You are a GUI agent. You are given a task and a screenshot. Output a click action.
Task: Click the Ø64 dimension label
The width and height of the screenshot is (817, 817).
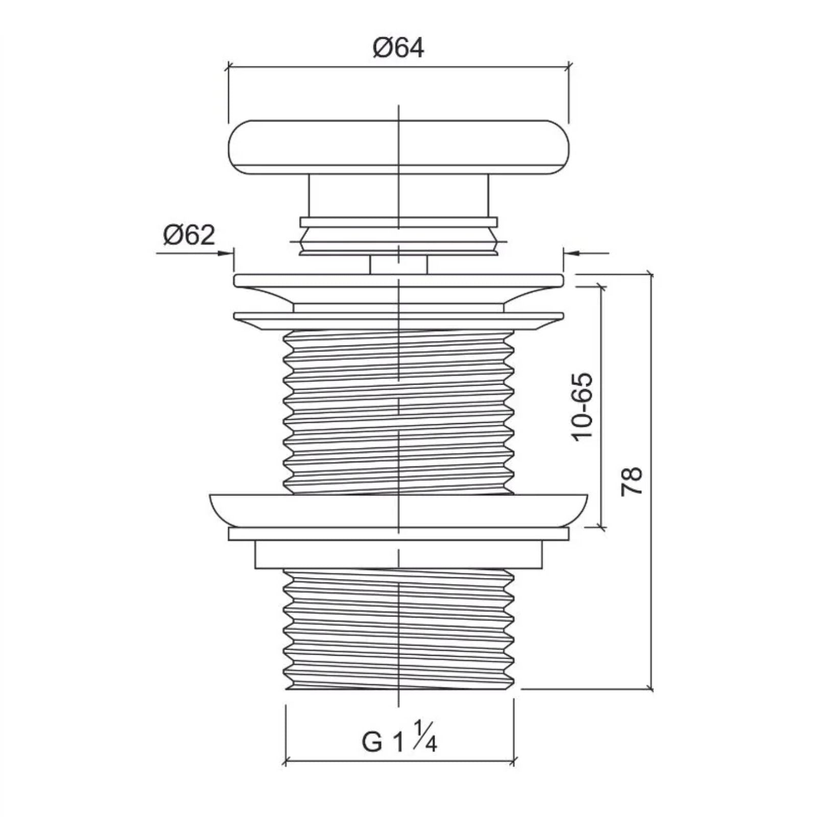(398, 49)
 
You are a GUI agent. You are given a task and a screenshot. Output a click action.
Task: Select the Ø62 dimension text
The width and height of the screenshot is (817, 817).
(189, 235)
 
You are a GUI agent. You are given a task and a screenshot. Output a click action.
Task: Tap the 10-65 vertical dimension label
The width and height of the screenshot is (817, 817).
(583, 406)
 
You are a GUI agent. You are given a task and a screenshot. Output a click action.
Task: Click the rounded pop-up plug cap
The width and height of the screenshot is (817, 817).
(398, 147)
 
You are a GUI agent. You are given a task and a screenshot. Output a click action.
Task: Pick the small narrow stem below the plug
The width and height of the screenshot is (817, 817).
(398, 265)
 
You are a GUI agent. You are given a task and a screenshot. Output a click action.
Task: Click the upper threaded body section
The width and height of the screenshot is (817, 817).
(398, 411)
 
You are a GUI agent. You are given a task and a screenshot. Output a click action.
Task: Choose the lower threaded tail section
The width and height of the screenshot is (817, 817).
(398, 628)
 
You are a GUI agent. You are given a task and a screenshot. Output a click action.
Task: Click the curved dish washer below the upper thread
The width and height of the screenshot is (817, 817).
(398, 510)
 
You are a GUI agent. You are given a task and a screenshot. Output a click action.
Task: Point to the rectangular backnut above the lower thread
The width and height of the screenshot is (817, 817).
(398, 554)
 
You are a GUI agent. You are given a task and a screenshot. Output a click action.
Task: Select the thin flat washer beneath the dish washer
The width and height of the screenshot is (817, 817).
(398, 534)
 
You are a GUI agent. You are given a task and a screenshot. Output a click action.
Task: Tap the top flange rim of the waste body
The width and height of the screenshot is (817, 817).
(398, 280)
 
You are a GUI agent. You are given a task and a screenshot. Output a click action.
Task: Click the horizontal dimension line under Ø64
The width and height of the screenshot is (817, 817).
(398, 66)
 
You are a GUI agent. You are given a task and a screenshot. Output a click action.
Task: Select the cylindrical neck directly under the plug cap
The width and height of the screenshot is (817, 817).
(398, 196)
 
